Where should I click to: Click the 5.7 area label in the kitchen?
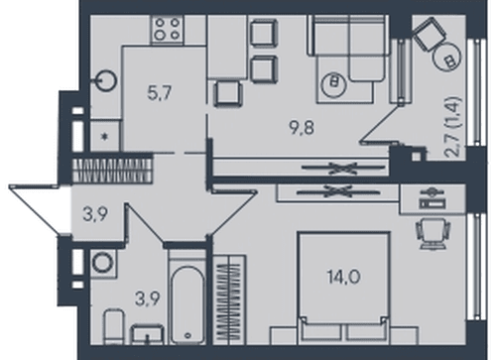pyautogui.click(x=160, y=93)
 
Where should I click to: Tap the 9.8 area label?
pyautogui.click(x=302, y=128)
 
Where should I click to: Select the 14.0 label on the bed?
pyautogui.click(x=343, y=277)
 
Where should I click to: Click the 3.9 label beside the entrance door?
pyautogui.click(x=95, y=215)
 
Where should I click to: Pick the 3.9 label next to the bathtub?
pyautogui.click(x=148, y=300)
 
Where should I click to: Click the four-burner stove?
pyautogui.click(x=168, y=30)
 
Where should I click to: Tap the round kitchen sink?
pyautogui.click(x=106, y=80)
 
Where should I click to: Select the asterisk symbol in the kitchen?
pyautogui.click(x=105, y=137)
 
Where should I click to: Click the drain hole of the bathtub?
pyautogui.click(x=187, y=335)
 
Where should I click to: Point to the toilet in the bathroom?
pyautogui.click(x=114, y=327)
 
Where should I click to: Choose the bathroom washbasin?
pyautogui.click(x=148, y=334)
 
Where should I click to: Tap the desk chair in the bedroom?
pyautogui.click(x=432, y=234)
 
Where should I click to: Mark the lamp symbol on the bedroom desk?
pyautogui.click(x=432, y=197)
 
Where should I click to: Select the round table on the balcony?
pyautogui.click(x=447, y=57)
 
